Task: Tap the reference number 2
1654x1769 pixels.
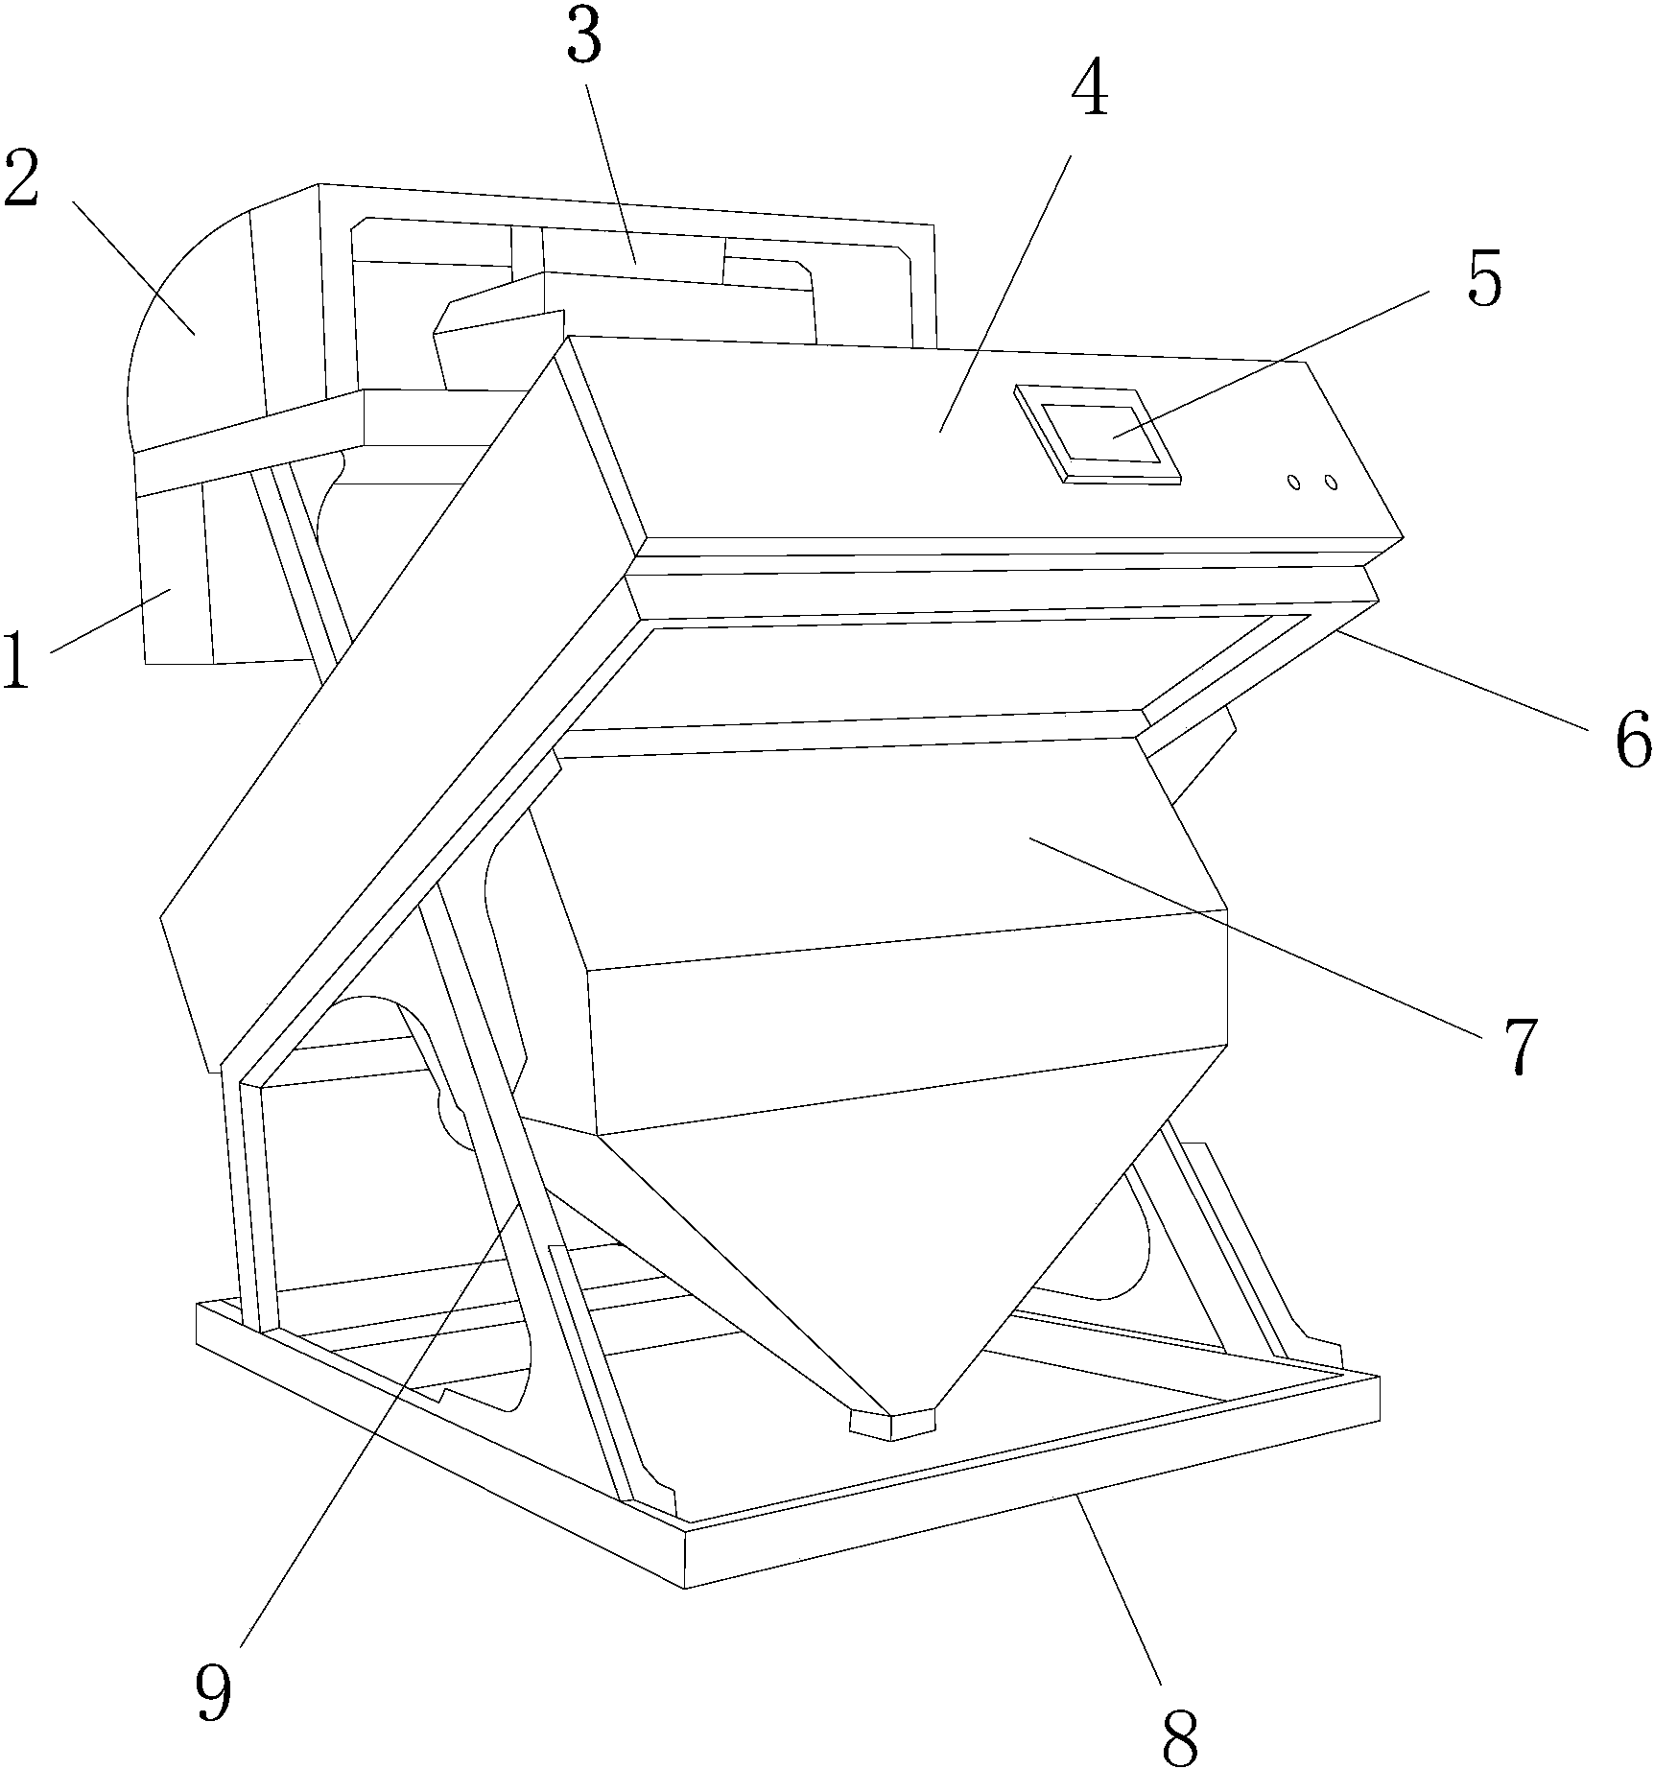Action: coord(21,177)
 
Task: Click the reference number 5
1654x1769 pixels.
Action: coord(1486,276)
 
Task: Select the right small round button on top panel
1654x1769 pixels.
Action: coord(1330,482)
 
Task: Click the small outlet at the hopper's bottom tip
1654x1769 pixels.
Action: coord(891,1424)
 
